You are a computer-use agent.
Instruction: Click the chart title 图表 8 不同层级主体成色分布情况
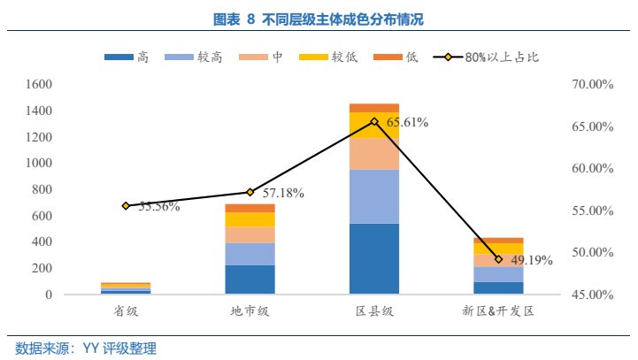click(x=319, y=19)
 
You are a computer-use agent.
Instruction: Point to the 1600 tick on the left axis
click(x=40, y=85)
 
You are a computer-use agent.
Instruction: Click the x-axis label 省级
click(x=126, y=311)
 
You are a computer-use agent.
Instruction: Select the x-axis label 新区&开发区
click(x=498, y=311)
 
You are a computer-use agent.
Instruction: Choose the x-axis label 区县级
click(x=373, y=311)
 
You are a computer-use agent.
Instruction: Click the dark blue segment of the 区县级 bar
click(x=373, y=258)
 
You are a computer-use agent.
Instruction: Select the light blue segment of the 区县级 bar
click(x=373, y=196)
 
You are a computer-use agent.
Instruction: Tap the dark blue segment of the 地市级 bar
click(x=250, y=280)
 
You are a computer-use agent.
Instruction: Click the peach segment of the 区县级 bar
click(x=373, y=154)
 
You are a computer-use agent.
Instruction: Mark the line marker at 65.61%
click(x=374, y=121)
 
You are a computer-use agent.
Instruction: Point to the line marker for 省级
click(x=126, y=205)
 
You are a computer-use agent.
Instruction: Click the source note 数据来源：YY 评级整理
click(x=86, y=349)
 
